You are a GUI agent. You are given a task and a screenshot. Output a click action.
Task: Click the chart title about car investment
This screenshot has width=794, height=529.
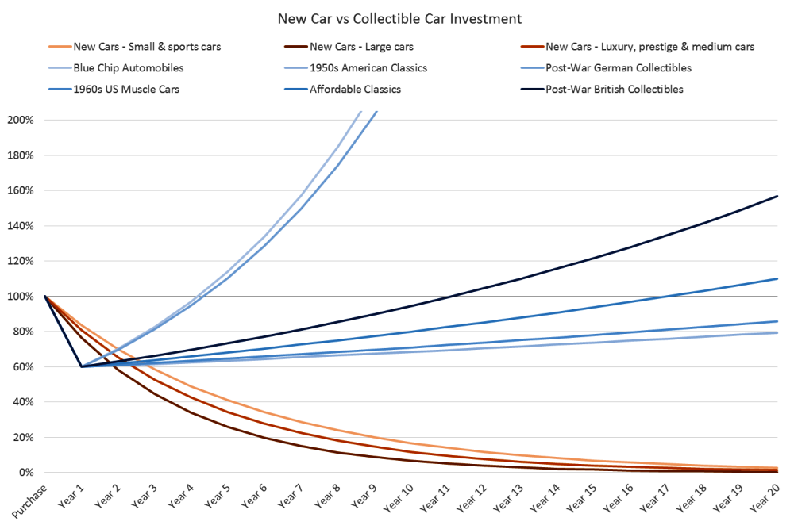[x=399, y=17]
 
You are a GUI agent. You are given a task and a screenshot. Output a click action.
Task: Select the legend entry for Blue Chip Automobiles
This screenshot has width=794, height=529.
[x=127, y=68]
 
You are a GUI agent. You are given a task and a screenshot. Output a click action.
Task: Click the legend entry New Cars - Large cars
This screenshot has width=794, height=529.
[x=362, y=47]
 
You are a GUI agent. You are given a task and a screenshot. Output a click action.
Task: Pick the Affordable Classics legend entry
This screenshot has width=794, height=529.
[x=355, y=90]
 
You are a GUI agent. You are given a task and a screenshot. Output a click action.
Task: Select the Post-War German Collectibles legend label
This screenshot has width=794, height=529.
[x=618, y=68]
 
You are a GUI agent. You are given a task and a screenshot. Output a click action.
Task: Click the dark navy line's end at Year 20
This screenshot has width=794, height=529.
[x=777, y=196]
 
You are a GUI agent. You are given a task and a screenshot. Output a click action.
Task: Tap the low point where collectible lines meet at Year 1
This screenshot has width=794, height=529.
[x=82, y=366]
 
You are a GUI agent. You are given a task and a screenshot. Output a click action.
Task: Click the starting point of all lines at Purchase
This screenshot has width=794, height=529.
[x=45, y=297]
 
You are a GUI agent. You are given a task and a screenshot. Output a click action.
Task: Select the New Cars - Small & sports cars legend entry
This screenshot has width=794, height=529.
[x=147, y=47]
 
